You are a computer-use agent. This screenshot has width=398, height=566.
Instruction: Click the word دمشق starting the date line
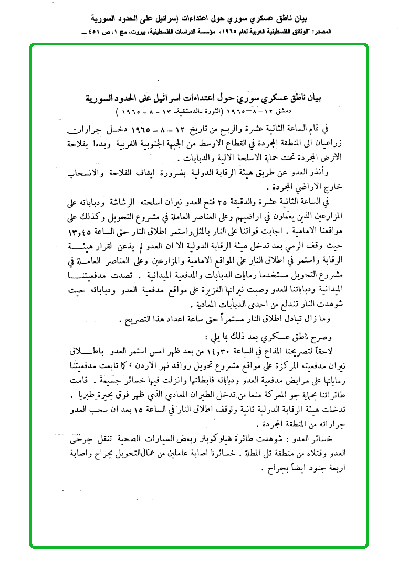(313, 113)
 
